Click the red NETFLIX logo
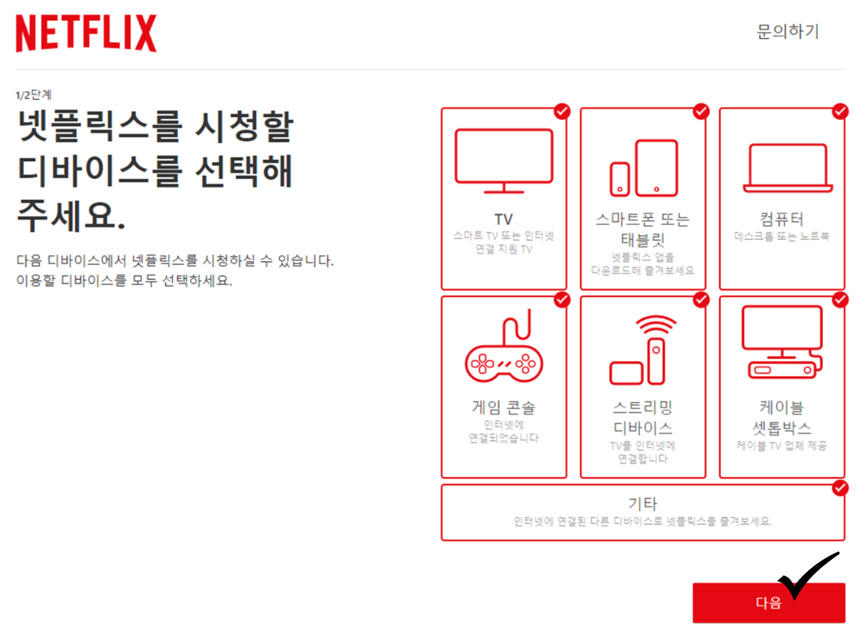click(86, 34)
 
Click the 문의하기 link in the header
click(787, 31)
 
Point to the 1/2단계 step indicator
click(34, 95)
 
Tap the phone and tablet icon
click(643, 168)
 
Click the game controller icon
click(504, 350)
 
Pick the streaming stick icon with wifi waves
click(643, 350)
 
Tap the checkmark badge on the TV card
click(562, 111)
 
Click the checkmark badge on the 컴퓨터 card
click(840, 111)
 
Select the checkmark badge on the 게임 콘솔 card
click(562, 300)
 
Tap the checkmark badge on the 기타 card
click(840, 488)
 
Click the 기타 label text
click(642, 503)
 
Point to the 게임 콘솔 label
click(504, 408)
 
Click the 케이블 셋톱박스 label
click(782, 417)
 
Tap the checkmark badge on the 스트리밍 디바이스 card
click(701, 300)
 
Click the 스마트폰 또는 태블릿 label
click(643, 229)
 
